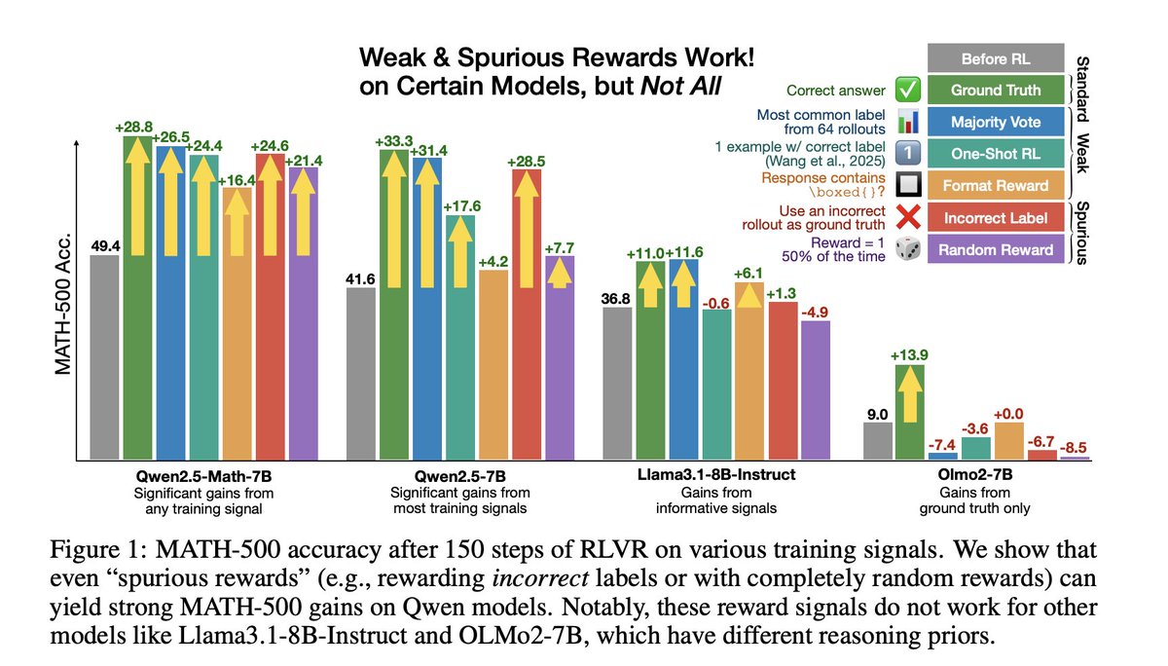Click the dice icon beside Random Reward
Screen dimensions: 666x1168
[x=906, y=250]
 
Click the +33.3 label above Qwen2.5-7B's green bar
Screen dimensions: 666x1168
[x=394, y=141]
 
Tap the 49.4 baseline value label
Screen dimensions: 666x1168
[x=104, y=242]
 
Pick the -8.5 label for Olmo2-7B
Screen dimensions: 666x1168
[x=1074, y=448]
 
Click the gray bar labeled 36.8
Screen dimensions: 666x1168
[x=618, y=384]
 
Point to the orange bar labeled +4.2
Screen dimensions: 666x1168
[x=493, y=365]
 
